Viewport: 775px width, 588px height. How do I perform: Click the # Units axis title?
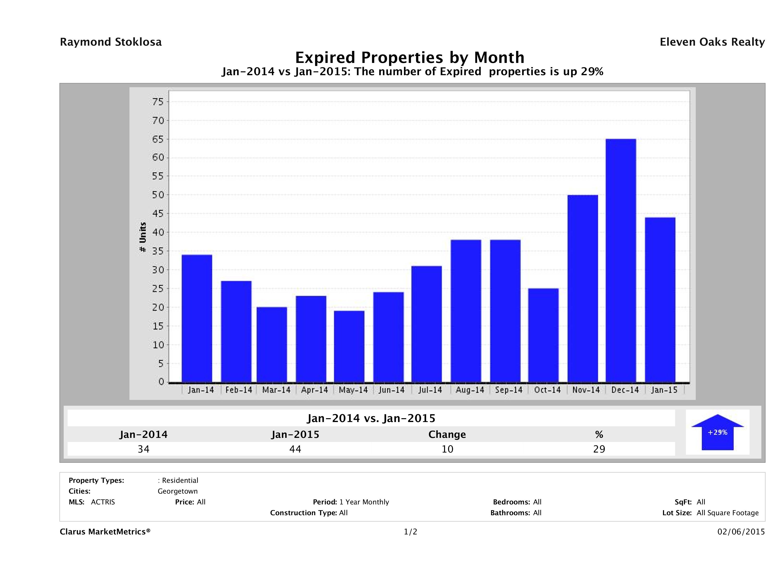(143, 237)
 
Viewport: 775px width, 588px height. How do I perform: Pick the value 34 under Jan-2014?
(144, 449)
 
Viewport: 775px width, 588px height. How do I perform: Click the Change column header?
(447, 435)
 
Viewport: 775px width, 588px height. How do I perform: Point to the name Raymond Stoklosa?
(111, 42)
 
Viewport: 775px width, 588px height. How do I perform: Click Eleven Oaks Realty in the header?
(712, 42)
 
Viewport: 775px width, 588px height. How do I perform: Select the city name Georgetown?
(178, 491)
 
